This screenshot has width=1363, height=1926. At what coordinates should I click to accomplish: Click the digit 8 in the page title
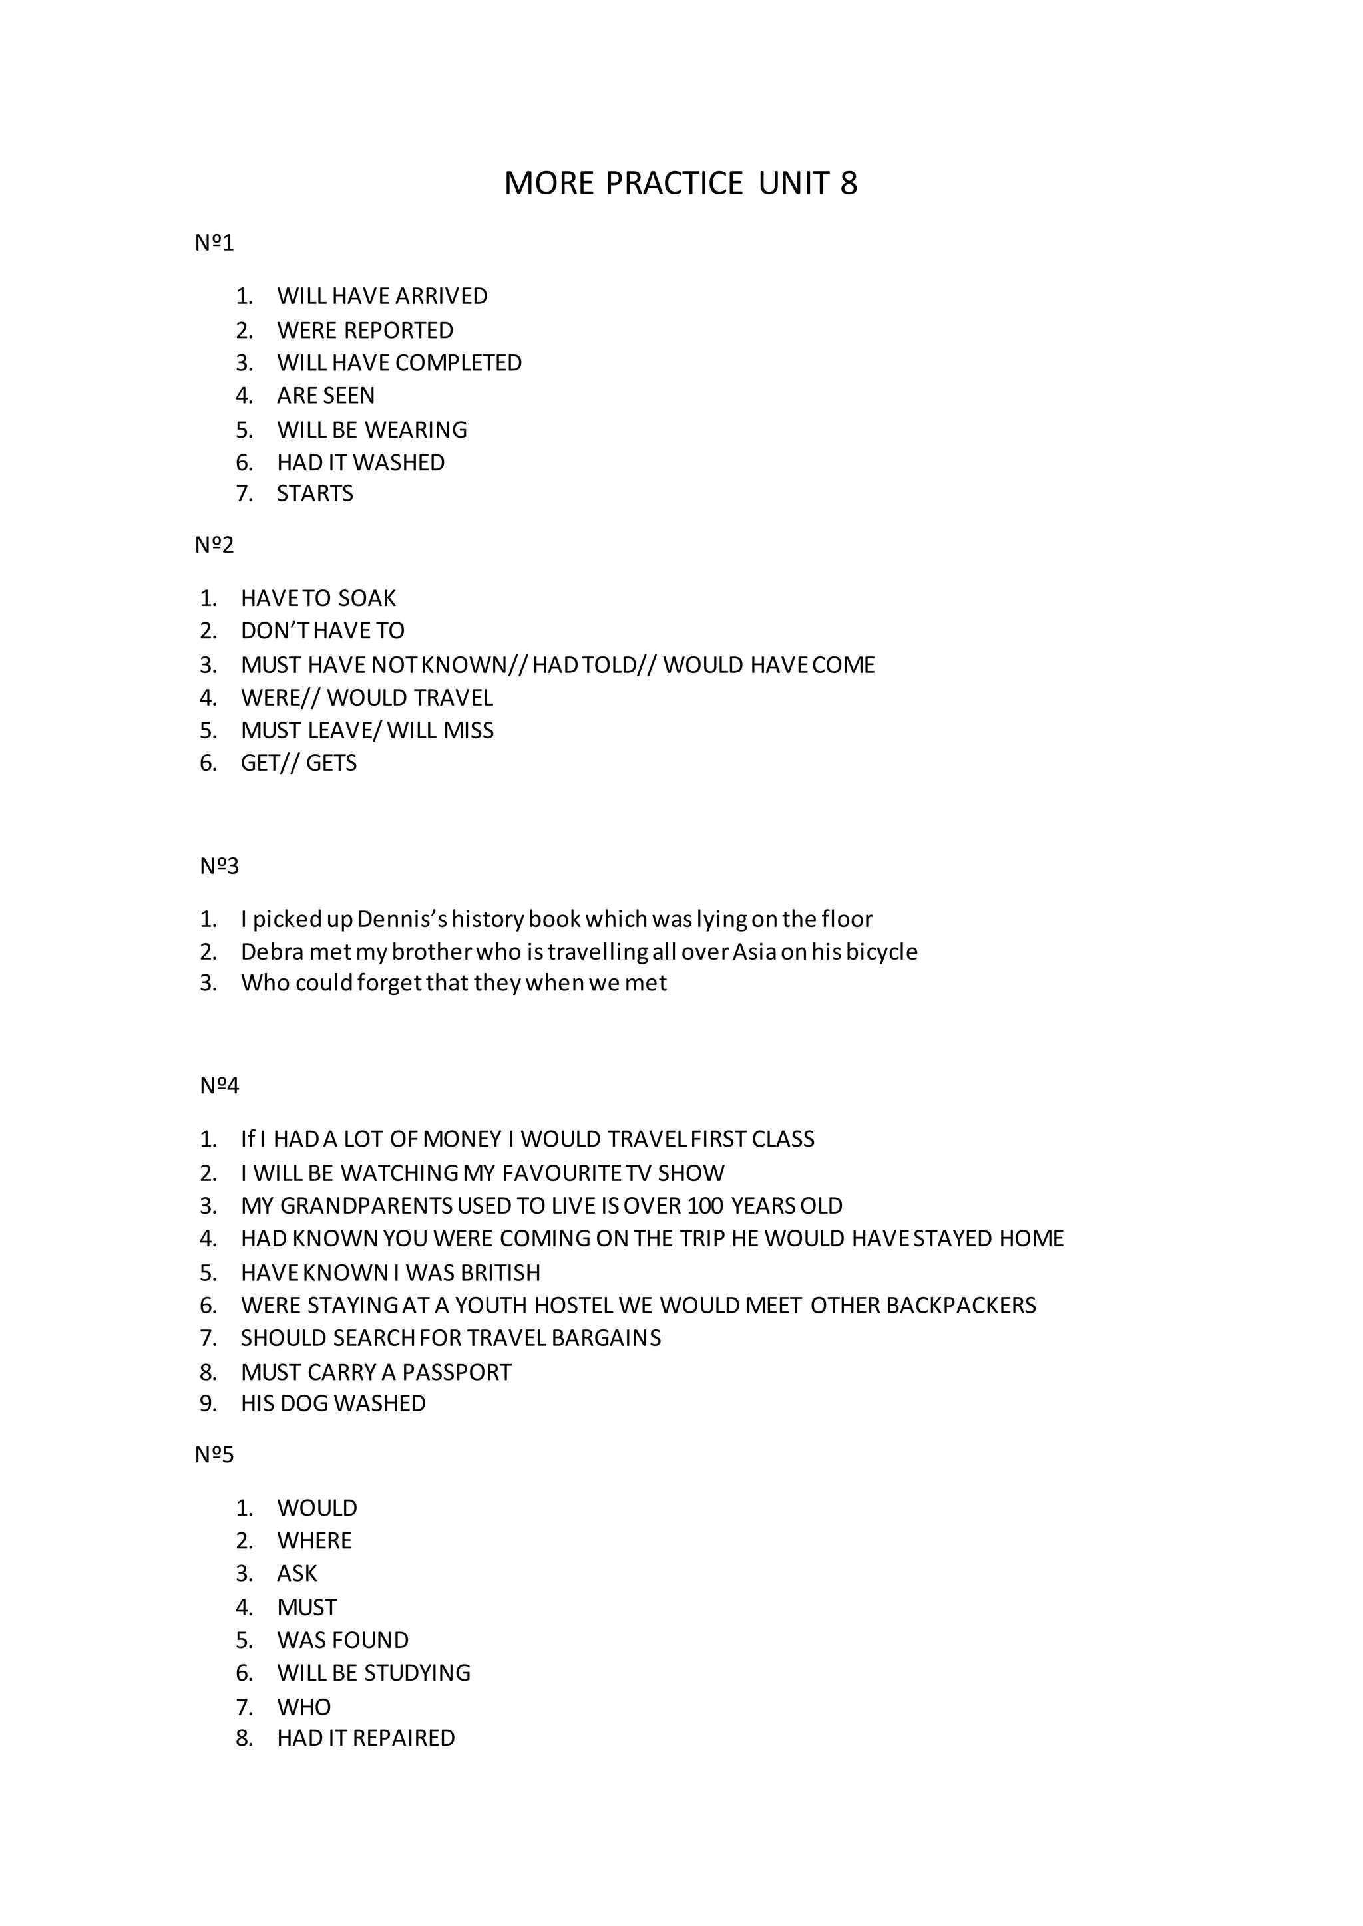(x=849, y=184)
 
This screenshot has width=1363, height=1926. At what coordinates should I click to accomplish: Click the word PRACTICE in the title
(x=674, y=184)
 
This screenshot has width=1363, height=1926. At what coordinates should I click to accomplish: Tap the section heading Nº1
(x=214, y=243)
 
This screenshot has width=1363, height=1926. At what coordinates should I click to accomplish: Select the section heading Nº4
(x=219, y=1086)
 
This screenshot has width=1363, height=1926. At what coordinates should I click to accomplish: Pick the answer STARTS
(x=315, y=493)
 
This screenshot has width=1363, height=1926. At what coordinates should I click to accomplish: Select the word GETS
(x=331, y=763)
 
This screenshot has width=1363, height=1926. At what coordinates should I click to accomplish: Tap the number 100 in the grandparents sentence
(x=705, y=1206)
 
